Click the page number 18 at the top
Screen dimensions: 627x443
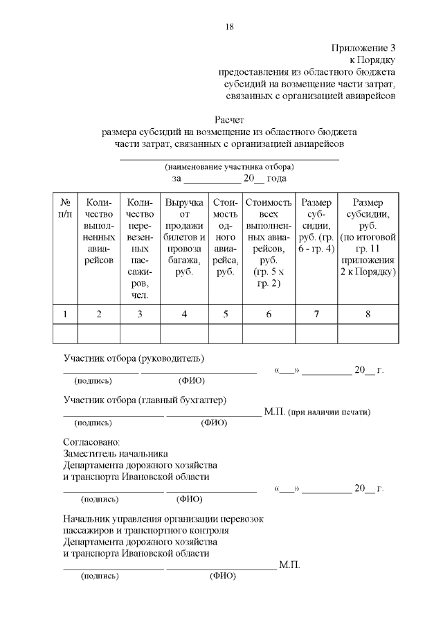coord(229,27)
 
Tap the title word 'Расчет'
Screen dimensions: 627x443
coord(229,120)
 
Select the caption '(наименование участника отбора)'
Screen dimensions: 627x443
coord(229,167)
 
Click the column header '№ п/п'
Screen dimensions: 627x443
coord(65,209)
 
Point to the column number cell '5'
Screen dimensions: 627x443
coord(225,314)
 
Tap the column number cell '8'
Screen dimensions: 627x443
coord(368,314)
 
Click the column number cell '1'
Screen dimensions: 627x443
coord(65,314)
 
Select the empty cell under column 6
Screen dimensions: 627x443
coord(268,333)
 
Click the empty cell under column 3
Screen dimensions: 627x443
coord(141,333)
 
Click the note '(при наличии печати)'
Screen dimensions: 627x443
coord(329,412)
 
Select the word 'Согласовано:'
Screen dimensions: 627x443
coord(91,441)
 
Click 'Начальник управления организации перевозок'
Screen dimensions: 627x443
coord(163,518)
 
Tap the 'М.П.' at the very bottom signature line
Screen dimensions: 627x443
coord(289,565)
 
